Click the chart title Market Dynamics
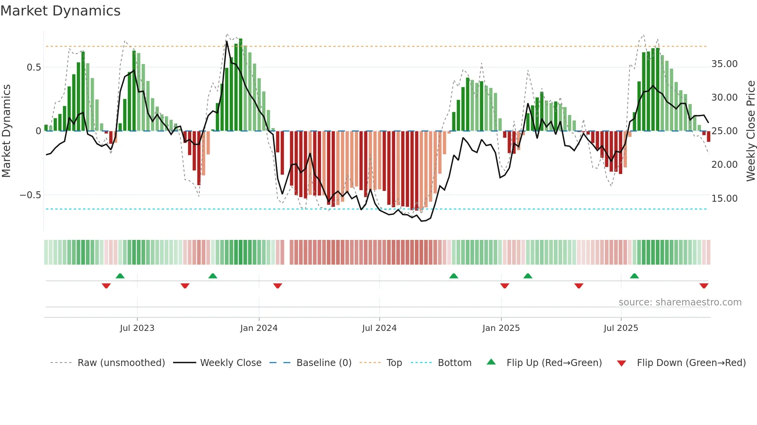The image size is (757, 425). (61, 11)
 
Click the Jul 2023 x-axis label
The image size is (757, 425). (137, 328)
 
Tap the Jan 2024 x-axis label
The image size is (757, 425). (259, 328)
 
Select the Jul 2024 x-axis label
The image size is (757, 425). (379, 328)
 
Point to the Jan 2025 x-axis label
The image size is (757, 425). (501, 328)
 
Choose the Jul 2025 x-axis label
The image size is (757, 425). (621, 328)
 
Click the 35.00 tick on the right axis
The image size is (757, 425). (724, 64)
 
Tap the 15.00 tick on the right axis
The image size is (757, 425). (724, 199)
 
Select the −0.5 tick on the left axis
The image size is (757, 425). (31, 195)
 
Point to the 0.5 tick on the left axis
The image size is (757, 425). (34, 67)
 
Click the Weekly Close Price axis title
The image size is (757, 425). (750, 131)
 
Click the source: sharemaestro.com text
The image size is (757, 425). (680, 302)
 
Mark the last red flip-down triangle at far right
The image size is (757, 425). (704, 286)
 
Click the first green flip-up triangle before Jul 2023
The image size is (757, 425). (120, 276)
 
